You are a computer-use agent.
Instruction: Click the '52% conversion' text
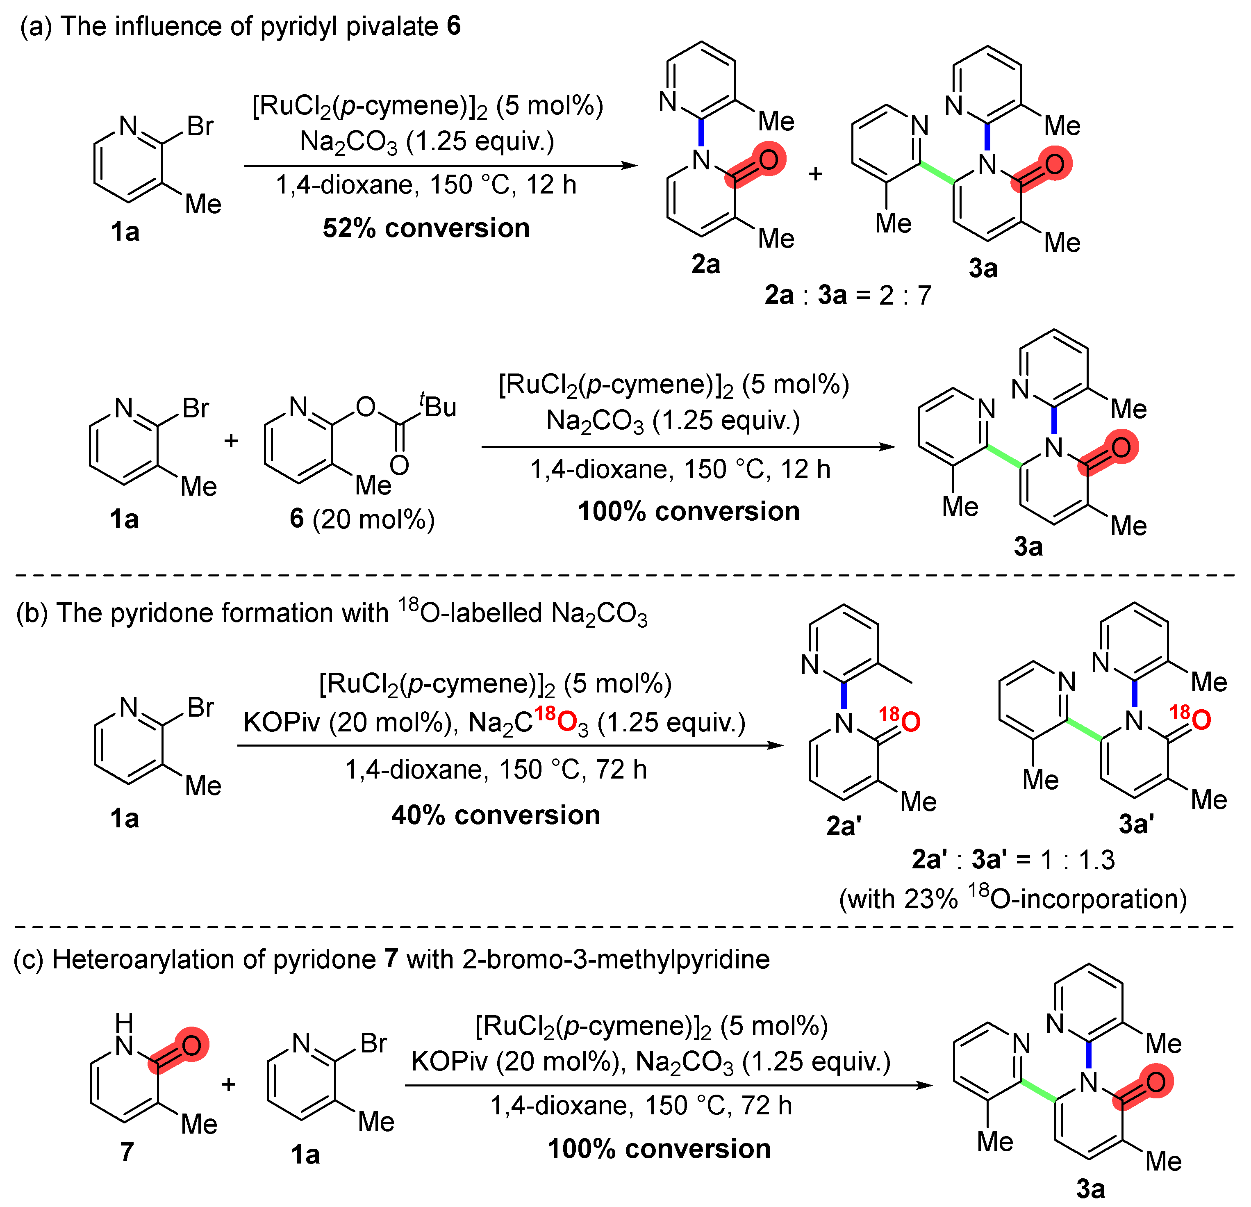point(426,228)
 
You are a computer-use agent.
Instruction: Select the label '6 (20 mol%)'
point(362,519)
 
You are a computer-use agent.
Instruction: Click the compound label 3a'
point(1136,824)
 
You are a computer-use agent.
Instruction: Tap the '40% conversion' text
point(496,815)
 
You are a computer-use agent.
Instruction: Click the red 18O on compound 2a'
point(900,720)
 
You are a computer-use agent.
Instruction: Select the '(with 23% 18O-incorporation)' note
point(1013,899)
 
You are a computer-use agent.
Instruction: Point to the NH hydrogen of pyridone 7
point(124,1022)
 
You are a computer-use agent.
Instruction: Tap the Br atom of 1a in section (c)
point(373,1043)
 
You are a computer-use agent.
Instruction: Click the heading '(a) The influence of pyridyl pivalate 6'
point(240,27)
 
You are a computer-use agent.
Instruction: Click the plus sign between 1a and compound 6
point(231,440)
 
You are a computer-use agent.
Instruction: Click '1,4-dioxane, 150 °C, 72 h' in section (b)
point(496,770)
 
